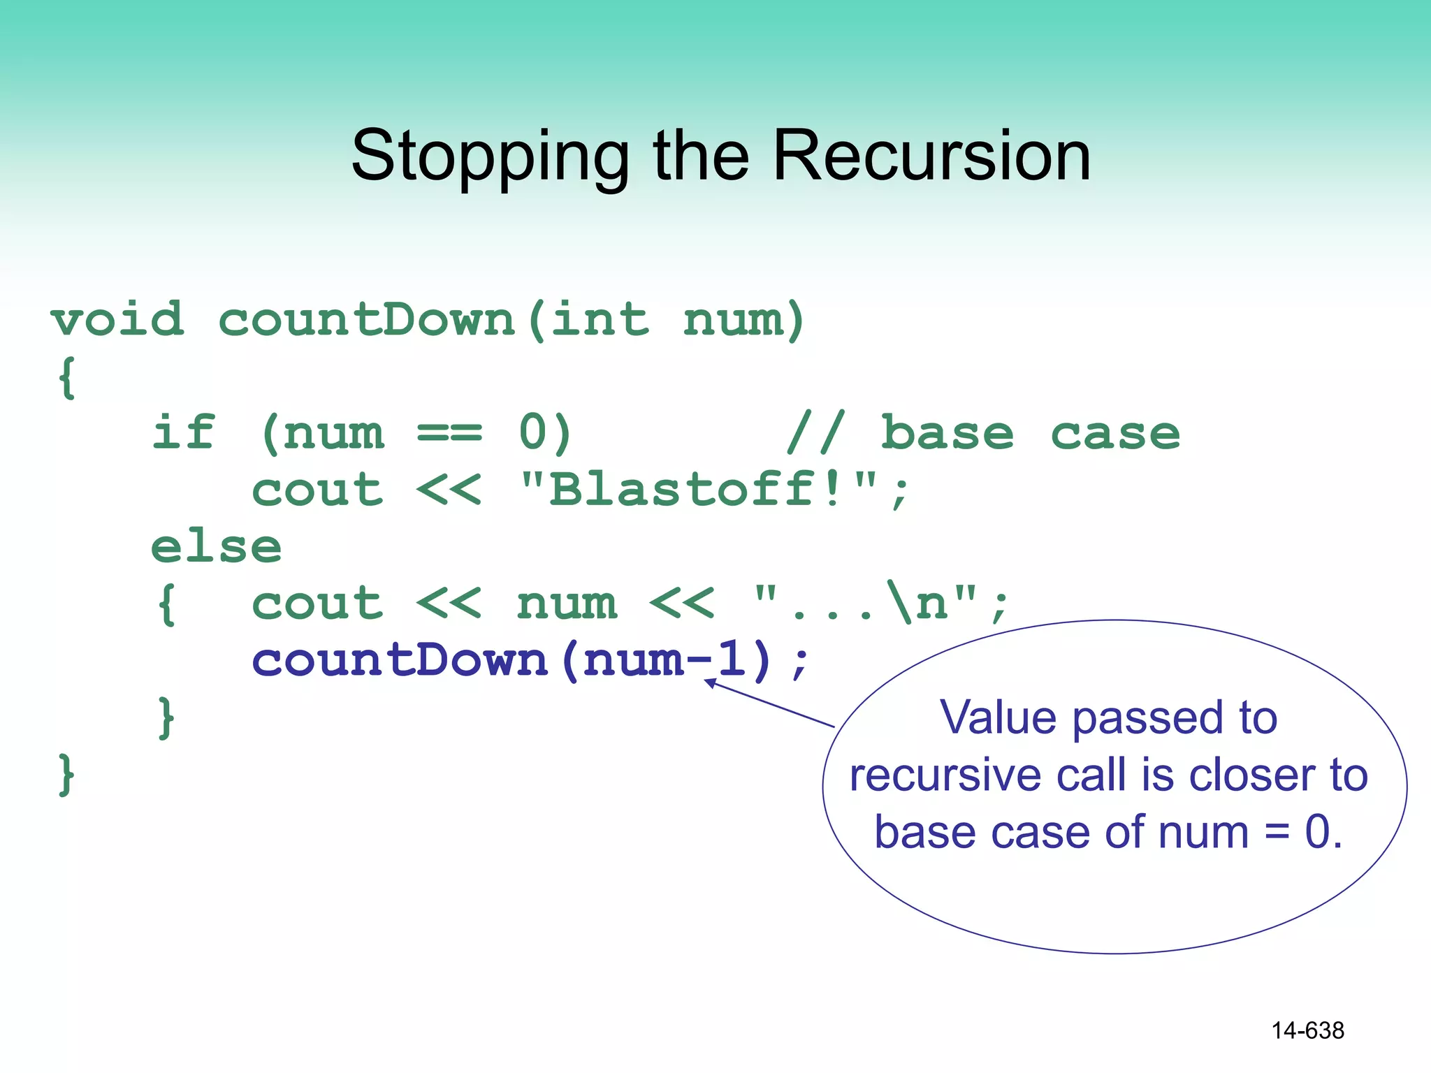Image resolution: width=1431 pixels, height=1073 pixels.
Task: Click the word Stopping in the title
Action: pos(489,157)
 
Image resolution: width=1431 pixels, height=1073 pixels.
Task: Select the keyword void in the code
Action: pos(117,320)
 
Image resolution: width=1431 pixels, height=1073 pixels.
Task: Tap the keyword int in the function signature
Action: pos(600,320)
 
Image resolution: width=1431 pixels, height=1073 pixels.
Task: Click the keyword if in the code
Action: pos(183,433)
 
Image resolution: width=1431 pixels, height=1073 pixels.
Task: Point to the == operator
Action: pos(449,433)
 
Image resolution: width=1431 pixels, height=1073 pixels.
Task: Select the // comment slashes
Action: pos(815,433)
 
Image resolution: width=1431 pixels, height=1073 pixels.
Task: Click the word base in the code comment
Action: pos(947,433)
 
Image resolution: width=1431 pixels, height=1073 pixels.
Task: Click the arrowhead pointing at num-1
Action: pos(710,683)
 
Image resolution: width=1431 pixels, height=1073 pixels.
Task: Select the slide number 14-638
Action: pos(1307,1030)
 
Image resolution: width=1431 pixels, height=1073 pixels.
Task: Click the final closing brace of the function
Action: pos(66,774)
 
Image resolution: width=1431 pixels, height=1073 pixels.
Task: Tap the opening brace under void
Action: pos(67,378)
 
